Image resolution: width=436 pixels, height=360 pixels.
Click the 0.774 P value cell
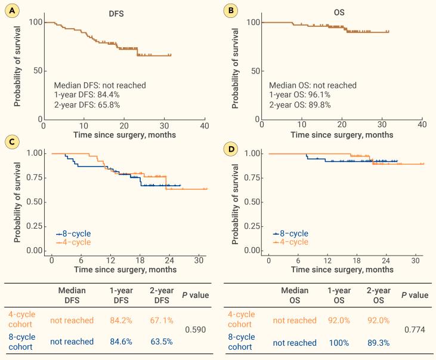point(415,329)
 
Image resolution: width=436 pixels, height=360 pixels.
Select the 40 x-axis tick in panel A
point(204,126)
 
